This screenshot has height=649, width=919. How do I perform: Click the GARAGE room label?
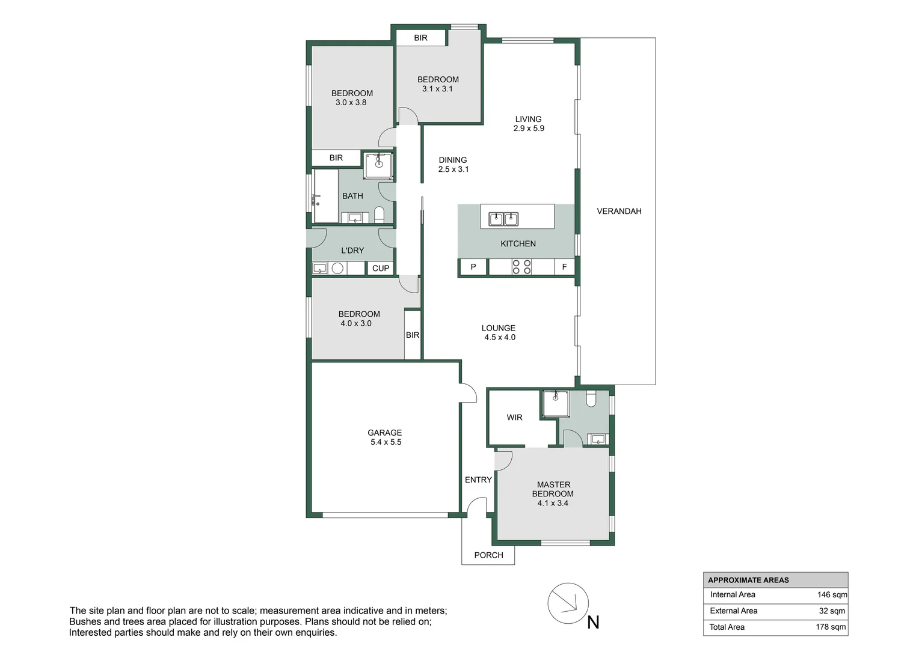pos(385,433)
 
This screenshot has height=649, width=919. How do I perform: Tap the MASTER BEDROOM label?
pos(553,489)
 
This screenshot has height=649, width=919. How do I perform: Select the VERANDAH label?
pos(619,212)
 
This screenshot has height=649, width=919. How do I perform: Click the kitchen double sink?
pos(503,219)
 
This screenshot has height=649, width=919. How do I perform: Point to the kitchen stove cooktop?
pos(521,267)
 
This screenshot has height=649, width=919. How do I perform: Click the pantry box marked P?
pos(473,267)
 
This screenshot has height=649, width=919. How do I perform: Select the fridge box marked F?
pos(564,267)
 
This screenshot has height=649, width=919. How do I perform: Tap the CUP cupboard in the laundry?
pos(381,269)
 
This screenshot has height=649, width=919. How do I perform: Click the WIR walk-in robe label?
pos(514,418)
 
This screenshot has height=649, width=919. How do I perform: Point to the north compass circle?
pos(568,603)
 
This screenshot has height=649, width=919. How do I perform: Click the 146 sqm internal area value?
pos(832,595)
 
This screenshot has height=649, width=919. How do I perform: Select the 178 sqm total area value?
pos(831,627)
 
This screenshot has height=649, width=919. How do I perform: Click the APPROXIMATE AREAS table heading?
pos(748,580)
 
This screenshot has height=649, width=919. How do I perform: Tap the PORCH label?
pos(488,555)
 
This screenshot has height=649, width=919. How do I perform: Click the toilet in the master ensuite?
pos(591,398)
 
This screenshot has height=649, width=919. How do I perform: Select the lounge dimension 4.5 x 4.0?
pos(500,338)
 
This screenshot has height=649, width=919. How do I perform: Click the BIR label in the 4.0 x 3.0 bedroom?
pos(413,335)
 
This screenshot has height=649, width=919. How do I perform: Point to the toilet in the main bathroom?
pos(379,215)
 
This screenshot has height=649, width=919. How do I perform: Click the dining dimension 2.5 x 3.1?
pos(453,169)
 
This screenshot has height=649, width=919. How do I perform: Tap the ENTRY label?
pos(478,480)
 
